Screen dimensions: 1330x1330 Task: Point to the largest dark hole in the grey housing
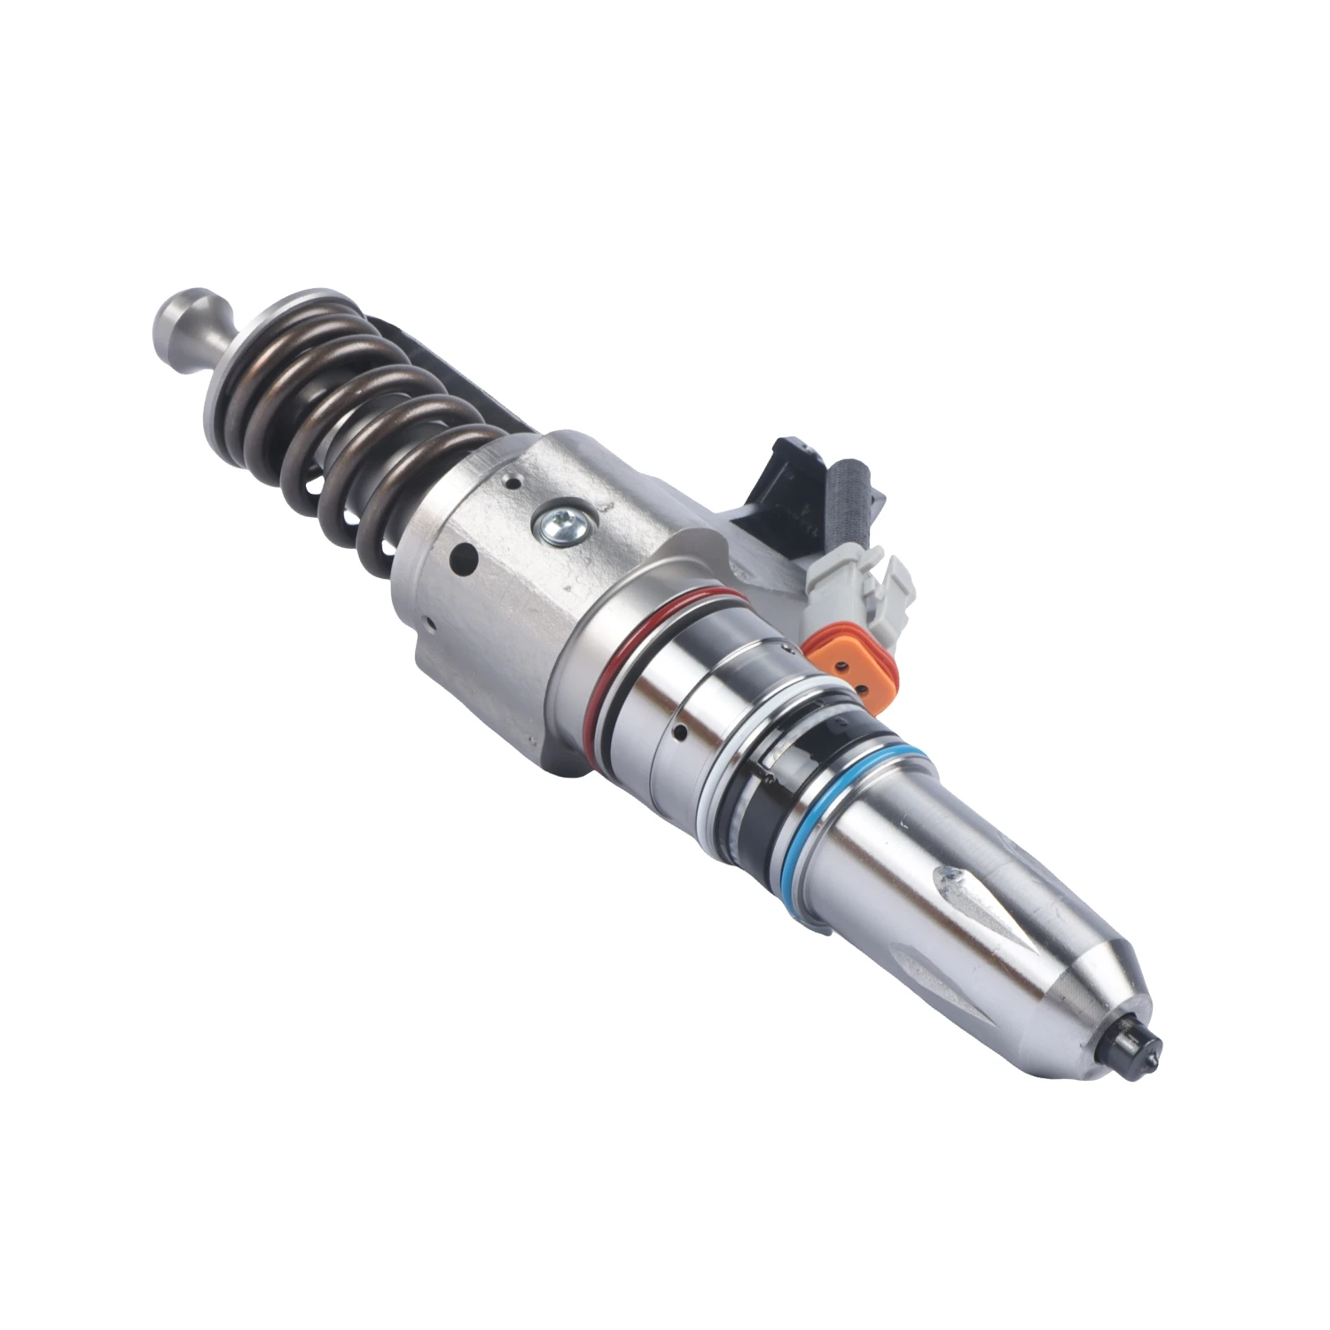click(x=463, y=559)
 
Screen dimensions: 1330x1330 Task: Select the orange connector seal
click(x=838, y=656)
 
